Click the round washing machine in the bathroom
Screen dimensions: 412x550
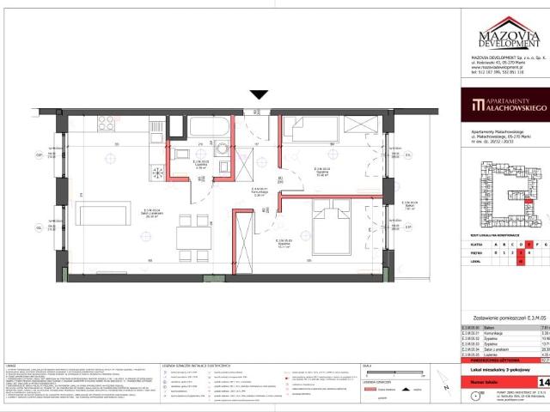(222, 148)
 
